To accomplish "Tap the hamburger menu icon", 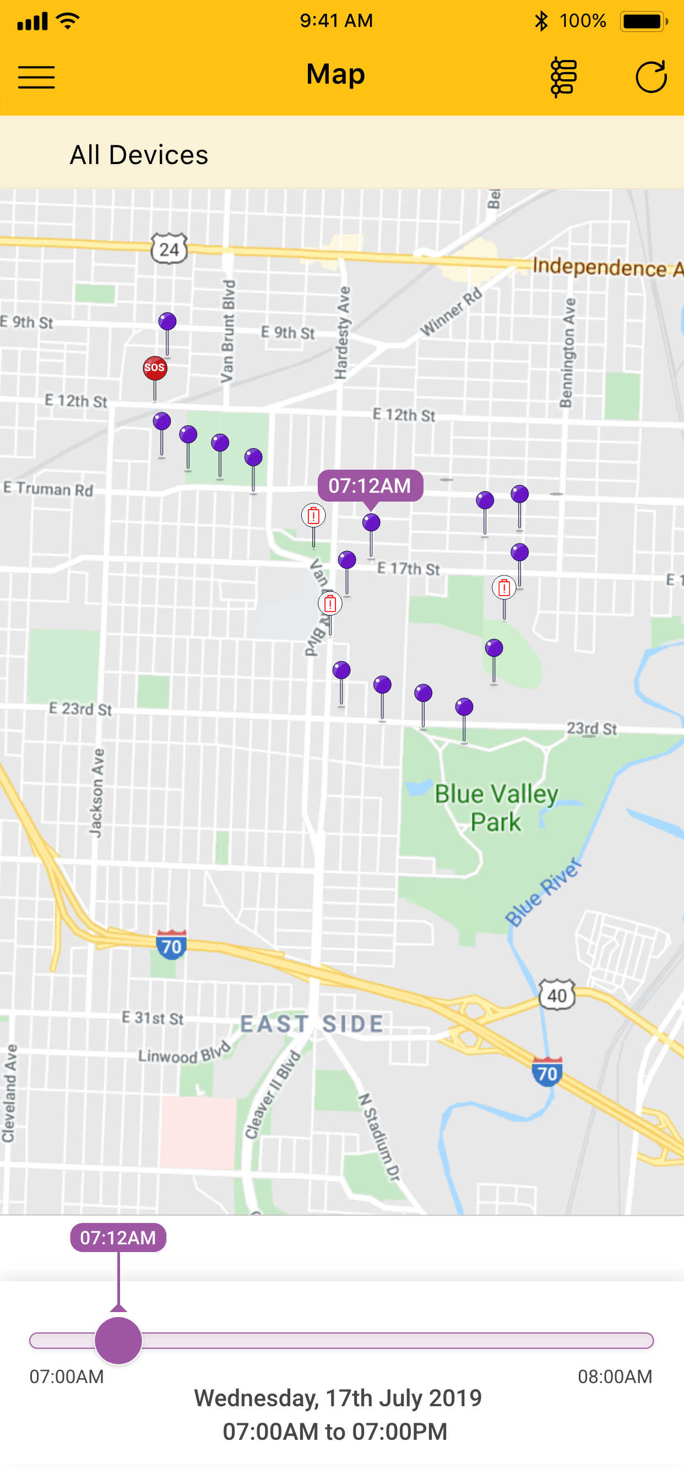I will pyautogui.click(x=36, y=77).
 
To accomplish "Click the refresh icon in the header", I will pyautogui.click(x=650, y=77).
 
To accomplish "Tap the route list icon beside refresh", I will pyautogui.click(x=563, y=77).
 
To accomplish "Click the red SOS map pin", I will pyautogui.click(x=155, y=368).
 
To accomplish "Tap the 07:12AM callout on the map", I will pyautogui.click(x=370, y=486).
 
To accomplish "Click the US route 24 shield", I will pyautogui.click(x=169, y=249).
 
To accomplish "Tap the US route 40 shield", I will pyautogui.click(x=556, y=995).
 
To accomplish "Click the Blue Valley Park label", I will pyautogui.click(x=496, y=807).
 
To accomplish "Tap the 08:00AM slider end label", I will pyautogui.click(x=615, y=1376).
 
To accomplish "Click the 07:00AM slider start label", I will pyautogui.click(x=67, y=1376).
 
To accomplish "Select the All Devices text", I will pyautogui.click(x=139, y=155).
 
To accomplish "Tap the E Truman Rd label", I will pyautogui.click(x=48, y=489).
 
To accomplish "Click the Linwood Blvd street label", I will pyautogui.click(x=184, y=1054).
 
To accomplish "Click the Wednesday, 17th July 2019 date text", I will pyautogui.click(x=338, y=1398).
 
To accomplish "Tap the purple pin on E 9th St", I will pyautogui.click(x=167, y=322).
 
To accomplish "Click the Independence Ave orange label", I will pyautogui.click(x=606, y=268).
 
